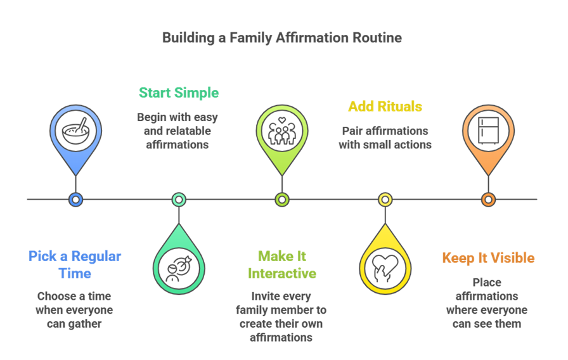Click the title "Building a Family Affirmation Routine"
281,38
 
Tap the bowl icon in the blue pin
75,132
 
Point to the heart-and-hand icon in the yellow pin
385,267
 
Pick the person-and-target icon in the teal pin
179,267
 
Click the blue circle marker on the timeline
75,200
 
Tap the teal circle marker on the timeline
179,200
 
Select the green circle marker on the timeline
281,200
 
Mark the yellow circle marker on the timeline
385,200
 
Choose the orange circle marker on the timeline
488,200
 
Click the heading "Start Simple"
179,93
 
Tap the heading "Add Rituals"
385,106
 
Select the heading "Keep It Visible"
488,258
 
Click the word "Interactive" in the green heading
282,274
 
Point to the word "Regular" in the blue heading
95,257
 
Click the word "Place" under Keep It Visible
487,282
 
